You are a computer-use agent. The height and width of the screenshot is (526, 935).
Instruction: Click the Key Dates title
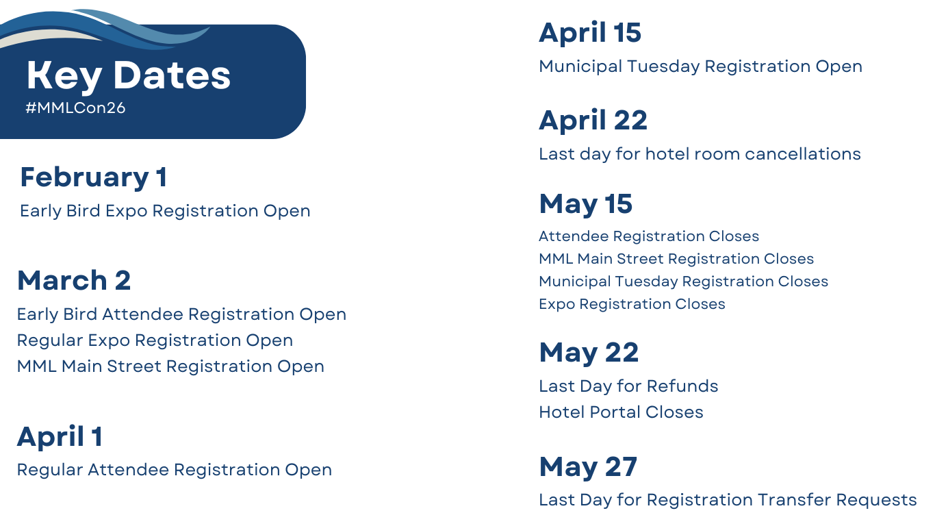point(129,76)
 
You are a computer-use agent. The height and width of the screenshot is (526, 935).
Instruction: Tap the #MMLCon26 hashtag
point(75,108)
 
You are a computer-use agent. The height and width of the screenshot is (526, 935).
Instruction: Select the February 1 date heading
point(94,178)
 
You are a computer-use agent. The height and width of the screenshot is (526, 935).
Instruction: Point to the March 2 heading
point(74,280)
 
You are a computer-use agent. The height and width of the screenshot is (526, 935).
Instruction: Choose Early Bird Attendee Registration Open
point(181,314)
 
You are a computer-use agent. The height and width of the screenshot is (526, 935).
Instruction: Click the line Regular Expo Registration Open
point(155,340)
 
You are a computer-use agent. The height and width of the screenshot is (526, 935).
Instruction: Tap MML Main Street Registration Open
point(170,366)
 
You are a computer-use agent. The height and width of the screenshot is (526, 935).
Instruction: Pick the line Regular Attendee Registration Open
point(175,470)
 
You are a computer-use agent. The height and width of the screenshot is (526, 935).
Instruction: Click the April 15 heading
point(590,34)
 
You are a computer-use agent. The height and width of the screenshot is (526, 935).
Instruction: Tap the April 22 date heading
point(593,121)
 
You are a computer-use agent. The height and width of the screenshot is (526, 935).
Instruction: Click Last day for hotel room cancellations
point(700,154)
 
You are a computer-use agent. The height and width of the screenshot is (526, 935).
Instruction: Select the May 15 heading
point(586,205)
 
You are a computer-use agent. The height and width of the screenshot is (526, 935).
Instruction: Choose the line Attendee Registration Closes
point(649,236)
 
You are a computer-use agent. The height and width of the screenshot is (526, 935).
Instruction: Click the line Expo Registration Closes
point(632,304)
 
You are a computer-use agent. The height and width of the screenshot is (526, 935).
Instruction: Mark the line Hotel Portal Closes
point(621,412)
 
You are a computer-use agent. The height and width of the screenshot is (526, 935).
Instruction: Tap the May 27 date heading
point(588,467)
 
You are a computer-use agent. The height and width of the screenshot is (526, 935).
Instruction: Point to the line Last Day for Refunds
point(628,386)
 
